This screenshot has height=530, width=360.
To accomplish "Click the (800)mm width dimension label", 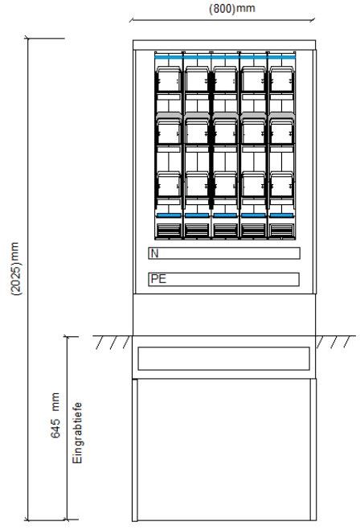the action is [232, 8].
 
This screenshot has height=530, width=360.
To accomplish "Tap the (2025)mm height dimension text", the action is [17, 269].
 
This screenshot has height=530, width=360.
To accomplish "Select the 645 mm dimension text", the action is [55, 415].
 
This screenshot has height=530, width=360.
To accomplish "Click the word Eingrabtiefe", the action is [77, 433].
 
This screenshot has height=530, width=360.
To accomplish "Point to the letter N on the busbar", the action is [154, 253].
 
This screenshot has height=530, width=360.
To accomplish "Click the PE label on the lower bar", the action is [158, 279].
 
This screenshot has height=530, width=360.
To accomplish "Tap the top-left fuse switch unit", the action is [169, 80].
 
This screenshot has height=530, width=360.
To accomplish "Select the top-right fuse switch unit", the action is [281, 80].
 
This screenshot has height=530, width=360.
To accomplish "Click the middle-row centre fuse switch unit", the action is [225, 132].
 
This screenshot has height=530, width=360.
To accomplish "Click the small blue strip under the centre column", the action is [225, 216].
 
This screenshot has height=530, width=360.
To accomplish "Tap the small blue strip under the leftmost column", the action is [169, 216].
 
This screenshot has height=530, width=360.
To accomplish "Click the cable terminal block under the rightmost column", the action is [281, 231].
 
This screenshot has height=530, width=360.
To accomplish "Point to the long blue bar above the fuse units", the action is [225, 57].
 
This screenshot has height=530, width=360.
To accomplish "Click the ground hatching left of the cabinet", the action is [112, 342].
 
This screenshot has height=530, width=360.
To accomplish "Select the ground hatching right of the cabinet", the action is [335, 342].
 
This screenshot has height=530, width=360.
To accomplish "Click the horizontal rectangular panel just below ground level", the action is [223, 358].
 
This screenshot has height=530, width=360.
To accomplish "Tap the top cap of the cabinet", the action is [224, 45].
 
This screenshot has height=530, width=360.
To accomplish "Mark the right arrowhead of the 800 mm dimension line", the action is [313, 20].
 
